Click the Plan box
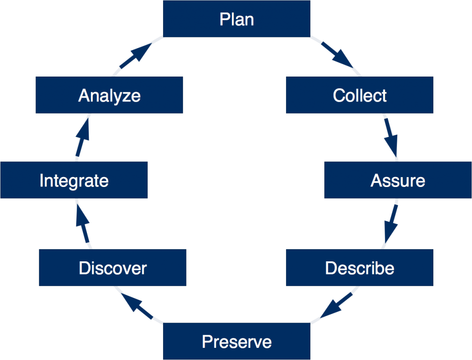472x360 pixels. click(236, 19)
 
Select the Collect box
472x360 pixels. click(359, 95)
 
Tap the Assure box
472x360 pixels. click(398, 180)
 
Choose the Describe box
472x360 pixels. click(359, 268)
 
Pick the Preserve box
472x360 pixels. click(236, 342)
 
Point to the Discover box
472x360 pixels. click(113, 268)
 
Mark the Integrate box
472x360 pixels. click(74, 180)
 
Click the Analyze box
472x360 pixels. click(109, 95)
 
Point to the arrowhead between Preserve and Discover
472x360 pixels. click(135, 304)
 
